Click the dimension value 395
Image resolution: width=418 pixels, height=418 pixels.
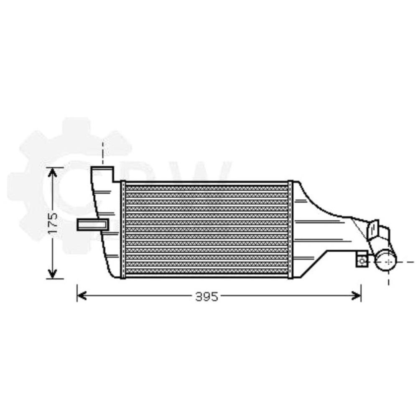coord(207,297)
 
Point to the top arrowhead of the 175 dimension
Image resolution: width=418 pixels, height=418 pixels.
coord(52,172)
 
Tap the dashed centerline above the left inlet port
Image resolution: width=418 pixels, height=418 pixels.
coord(102,153)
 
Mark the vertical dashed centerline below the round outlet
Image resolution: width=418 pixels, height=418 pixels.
coord(389,278)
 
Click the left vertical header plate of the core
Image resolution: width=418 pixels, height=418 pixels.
coord(123,229)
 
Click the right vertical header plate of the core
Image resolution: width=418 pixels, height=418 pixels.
coord(291,229)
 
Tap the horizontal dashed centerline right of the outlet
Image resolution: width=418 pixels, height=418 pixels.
coord(405,262)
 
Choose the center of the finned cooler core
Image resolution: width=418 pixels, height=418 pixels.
coord(207,229)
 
